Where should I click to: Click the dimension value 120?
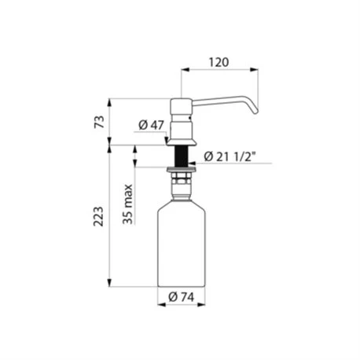[x=219, y=60]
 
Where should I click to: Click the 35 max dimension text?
[x=127, y=205]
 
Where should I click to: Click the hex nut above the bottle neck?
[x=181, y=181]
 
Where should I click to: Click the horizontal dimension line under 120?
[x=219, y=69]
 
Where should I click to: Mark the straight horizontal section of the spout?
[x=220, y=102]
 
